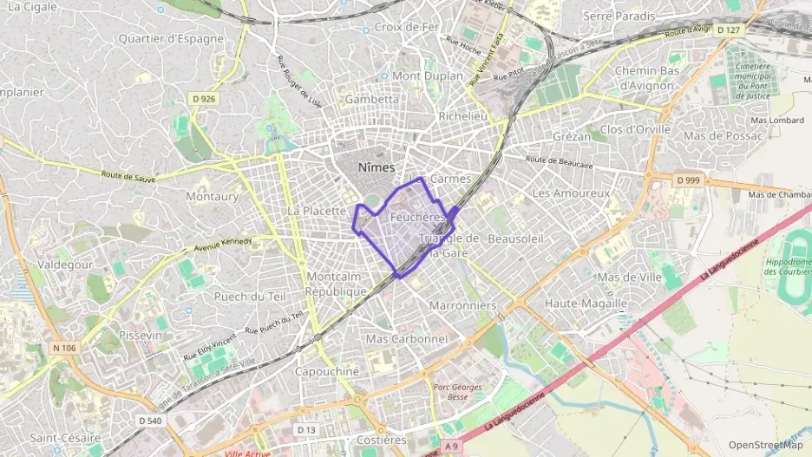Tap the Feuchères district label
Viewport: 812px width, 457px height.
pos(417,216)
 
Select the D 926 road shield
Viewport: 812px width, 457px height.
pos(203,99)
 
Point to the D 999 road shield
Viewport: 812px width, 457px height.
pos(686,180)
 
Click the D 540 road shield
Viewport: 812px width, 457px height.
pos(149,421)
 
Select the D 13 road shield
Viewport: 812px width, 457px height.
pos(305,429)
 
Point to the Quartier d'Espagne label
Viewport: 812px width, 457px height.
pos(171,38)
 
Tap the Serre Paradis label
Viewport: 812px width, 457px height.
pos(620,16)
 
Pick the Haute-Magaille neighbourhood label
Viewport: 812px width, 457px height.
pos(586,304)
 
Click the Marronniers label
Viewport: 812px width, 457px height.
pos(462,305)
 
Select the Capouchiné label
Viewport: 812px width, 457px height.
pos(327,371)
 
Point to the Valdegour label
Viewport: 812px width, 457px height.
pos(65,264)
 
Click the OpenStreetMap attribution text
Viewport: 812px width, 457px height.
pos(765,445)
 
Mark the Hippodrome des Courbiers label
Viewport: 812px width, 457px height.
pos(788,265)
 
